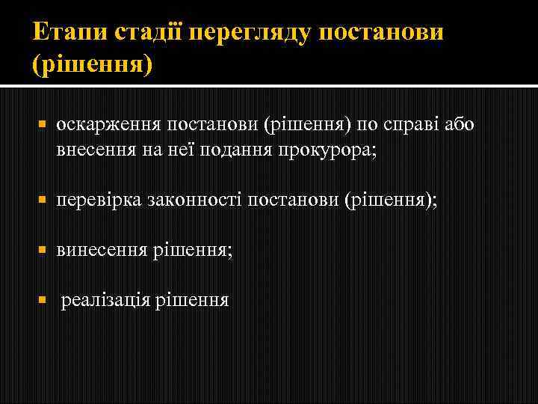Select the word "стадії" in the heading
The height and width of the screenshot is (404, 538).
pos(149,32)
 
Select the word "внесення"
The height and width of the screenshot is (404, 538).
pos(93,150)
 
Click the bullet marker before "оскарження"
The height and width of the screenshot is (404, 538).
pos(43,123)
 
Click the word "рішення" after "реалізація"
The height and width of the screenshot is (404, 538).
pos(192,301)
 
